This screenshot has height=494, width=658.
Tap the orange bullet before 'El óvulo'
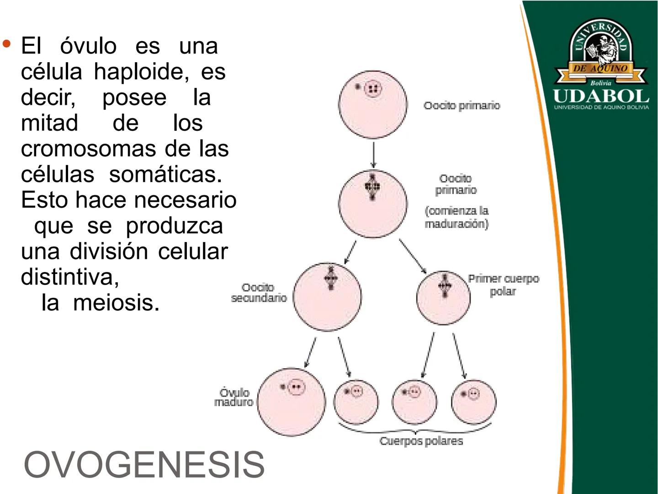click(x=6, y=44)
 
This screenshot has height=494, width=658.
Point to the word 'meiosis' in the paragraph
click(x=116, y=302)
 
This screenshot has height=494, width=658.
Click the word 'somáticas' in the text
click(x=165, y=174)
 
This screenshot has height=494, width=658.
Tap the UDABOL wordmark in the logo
click(x=601, y=96)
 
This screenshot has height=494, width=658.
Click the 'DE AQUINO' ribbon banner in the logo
click(x=600, y=69)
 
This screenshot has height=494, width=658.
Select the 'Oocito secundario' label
click(x=259, y=293)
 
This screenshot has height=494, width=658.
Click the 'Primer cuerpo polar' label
click(x=503, y=285)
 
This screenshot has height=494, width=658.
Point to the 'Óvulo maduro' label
click(x=234, y=397)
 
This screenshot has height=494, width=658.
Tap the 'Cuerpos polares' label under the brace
click(x=421, y=441)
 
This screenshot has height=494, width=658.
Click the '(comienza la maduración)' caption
click(x=456, y=217)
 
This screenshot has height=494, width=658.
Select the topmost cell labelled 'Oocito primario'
click(x=373, y=104)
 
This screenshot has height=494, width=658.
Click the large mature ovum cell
click(x=292, y=402)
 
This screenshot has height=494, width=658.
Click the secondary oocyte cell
click(x=327, y=296)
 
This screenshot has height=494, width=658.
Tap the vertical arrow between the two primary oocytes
click(x=373, y=155)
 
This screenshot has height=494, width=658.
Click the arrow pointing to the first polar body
click(x=413, y=256)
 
